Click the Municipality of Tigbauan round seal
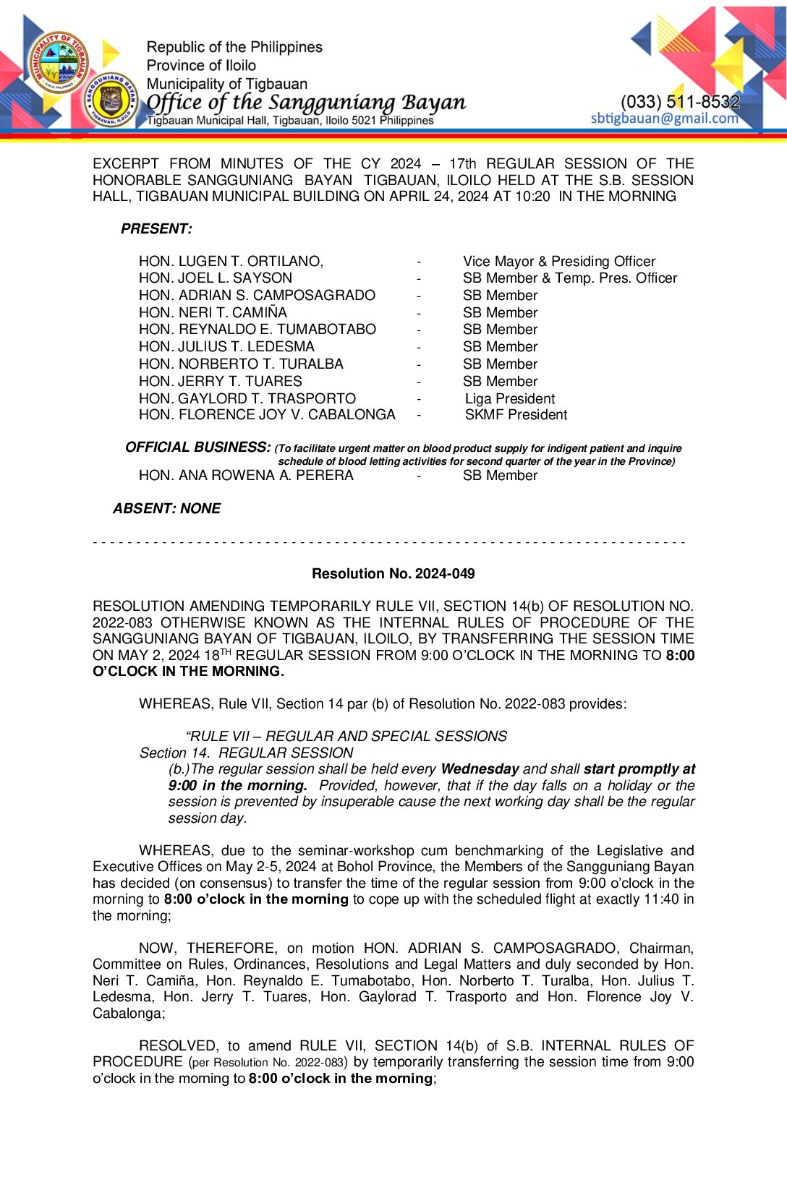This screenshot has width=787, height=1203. click(x=59, y=63)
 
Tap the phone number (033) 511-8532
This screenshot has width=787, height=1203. click(x=680, y=102)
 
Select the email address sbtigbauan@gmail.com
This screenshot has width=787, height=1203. click(x=664, y=119)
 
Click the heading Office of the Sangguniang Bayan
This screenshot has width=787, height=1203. click(x=306, y=103)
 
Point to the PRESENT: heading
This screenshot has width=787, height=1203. click(x=156, y=229)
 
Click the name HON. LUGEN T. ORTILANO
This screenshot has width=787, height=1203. click(x=230, y=261)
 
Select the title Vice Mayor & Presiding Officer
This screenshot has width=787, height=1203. click(x=558, y=261)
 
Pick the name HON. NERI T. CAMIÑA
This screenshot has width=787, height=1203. click(x=213, y=312)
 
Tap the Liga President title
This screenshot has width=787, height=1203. click(x=509, y=398)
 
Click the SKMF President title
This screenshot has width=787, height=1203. click(x=515, y=415)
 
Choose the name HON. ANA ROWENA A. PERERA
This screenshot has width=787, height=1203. click(x=246, y=476)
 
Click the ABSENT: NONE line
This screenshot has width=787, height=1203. click(x=166, y=509)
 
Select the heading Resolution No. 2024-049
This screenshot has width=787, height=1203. click(x=393, y=574)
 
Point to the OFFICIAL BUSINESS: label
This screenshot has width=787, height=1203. click(x=197, y=448)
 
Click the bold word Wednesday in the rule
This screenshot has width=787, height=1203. click(x=480, y=769)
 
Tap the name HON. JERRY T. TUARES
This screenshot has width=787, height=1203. click(x=220, y=381)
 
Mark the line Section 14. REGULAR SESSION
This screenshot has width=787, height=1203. click(x=246, y=753)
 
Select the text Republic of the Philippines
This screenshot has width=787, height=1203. click(x=234, y=48)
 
